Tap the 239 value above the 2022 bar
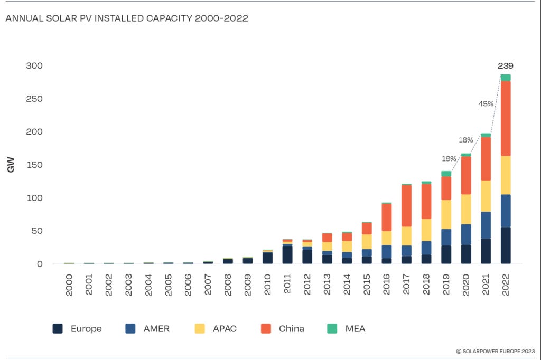pos(506,66)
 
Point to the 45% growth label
pos(486,104)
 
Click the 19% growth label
pos(449,158)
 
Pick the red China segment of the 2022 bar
pos(506,118)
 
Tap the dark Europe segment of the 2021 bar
pos(486,251)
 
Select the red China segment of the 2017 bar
pos(406,206)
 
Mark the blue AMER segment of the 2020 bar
pos(466,234)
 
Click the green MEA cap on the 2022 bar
pos(506,78)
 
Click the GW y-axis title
pos(11,165)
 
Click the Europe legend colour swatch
pos(58,328)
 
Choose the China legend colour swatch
pos(266,328)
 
